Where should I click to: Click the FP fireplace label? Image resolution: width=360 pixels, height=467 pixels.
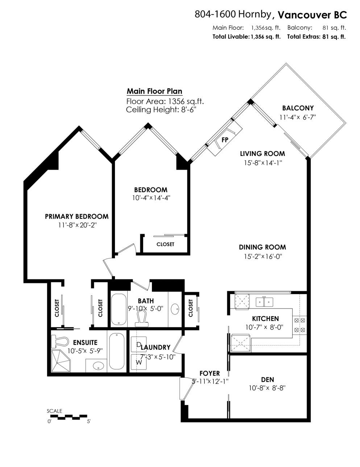click(225, 140)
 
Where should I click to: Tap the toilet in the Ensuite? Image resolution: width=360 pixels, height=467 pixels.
click(60, 342)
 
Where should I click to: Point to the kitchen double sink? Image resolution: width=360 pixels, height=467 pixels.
click(264, 302)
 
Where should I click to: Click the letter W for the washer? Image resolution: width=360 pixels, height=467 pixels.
click(139, 362)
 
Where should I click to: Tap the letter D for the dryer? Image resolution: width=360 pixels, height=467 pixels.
click(138, 345)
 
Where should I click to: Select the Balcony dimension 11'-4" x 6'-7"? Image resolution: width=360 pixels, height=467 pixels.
click(298, 117)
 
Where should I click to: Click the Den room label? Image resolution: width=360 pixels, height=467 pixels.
click(268, 380)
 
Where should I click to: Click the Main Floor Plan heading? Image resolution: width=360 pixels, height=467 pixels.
click(154, 91)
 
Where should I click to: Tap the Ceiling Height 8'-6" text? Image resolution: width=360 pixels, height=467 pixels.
click(161, 110)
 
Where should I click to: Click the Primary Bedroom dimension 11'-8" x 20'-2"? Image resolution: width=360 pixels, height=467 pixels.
click(77, 225)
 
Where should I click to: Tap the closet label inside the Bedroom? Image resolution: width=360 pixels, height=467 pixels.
click(165, 244)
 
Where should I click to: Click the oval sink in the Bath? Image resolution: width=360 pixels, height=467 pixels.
click(175, 309)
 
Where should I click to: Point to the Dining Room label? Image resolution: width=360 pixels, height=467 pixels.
click(262, 247)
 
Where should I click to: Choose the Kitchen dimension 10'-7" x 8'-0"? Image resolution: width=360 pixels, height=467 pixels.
click(265, 327)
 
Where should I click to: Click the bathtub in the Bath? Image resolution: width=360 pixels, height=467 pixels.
click(119, 310)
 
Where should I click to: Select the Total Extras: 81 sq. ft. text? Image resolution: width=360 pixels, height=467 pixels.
click(316, 37)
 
